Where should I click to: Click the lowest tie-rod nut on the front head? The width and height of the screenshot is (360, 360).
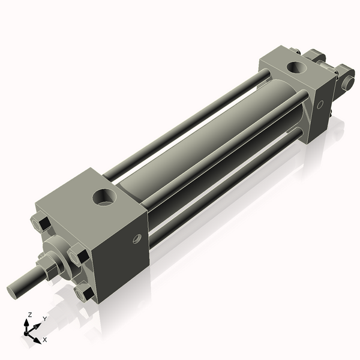pos(84,293)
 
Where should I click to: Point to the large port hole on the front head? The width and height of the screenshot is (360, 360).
pos(104,197)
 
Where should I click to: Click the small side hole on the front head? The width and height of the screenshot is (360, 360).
pos(137,239)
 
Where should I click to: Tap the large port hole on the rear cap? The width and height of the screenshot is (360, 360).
pos(296,67)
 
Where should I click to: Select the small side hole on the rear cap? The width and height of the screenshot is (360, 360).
pos(320,104)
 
